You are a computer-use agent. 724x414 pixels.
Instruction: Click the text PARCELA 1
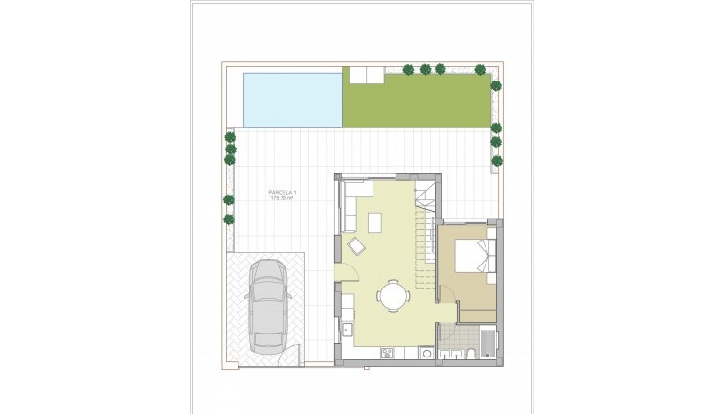point(283,193)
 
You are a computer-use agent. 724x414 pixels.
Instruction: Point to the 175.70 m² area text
point(283,199)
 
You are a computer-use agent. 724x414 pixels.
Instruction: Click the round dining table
point(391,295)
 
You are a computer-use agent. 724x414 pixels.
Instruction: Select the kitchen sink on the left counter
point(345,332)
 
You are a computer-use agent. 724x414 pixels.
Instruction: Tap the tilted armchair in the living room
point(356,248)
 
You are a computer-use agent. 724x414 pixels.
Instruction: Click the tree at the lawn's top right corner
point(496,84)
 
